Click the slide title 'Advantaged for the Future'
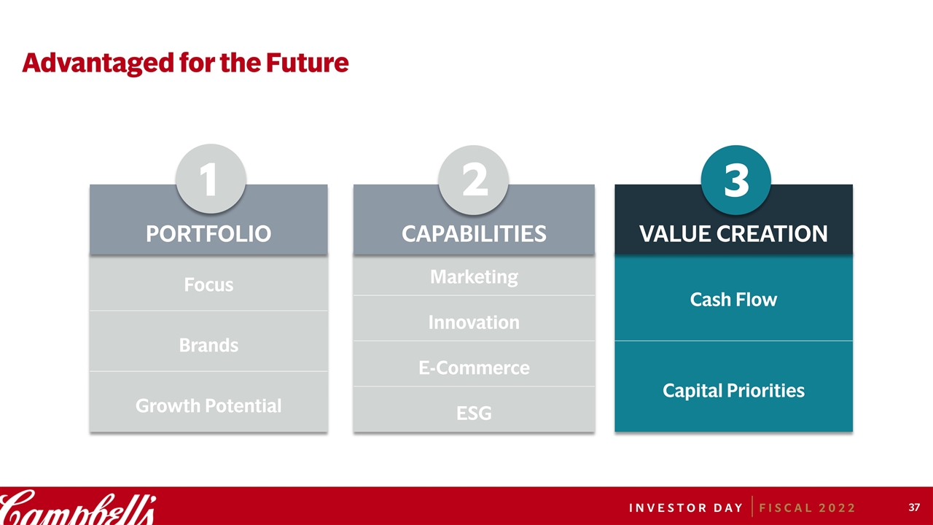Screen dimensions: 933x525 (x=185, y=63)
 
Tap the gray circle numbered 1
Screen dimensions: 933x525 (x=211, y=179)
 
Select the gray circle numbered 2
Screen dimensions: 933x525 (x=474, y=180)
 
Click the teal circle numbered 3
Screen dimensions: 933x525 (x=736, y=180)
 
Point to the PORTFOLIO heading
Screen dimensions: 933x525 (x=208, y=234)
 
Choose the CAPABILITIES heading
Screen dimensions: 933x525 (x=474, y=234)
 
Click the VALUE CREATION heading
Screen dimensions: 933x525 (x=733, y=234)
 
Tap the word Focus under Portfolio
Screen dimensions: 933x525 (x=208, y=285)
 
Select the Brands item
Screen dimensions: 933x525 (x=208, y=346)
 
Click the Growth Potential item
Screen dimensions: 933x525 (x=208, y=406)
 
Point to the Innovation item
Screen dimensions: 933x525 (x=474, y=322)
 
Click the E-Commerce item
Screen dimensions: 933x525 (x=474, y=368)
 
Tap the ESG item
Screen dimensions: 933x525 (x=474, y=413)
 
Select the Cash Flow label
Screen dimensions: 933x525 (x=733, y=300)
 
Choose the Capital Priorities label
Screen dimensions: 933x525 (x=733, y=391)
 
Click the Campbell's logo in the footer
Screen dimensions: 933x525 (x=78, y=507)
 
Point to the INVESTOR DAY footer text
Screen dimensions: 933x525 (x=686, y=508)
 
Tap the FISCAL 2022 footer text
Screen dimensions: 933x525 (x=807, y=508)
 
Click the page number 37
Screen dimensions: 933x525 (x=914, y=507)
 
